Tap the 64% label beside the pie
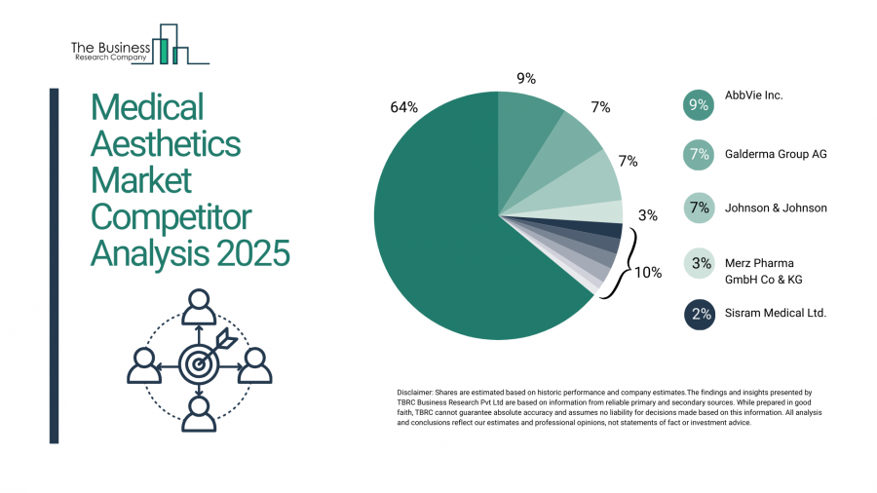(403, 107)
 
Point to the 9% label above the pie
(525, 78)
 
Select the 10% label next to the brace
(648, 273)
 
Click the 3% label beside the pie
(647, 214)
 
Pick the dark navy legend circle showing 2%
(698, 314)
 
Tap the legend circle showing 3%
(698, 263)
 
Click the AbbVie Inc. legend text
(753, 95)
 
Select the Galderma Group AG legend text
(776, 154)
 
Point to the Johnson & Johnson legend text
(776, 208)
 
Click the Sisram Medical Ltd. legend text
(776, 313)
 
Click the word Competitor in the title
(171, 216)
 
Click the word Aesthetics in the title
(165, 144)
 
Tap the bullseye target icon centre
(200, 364)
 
